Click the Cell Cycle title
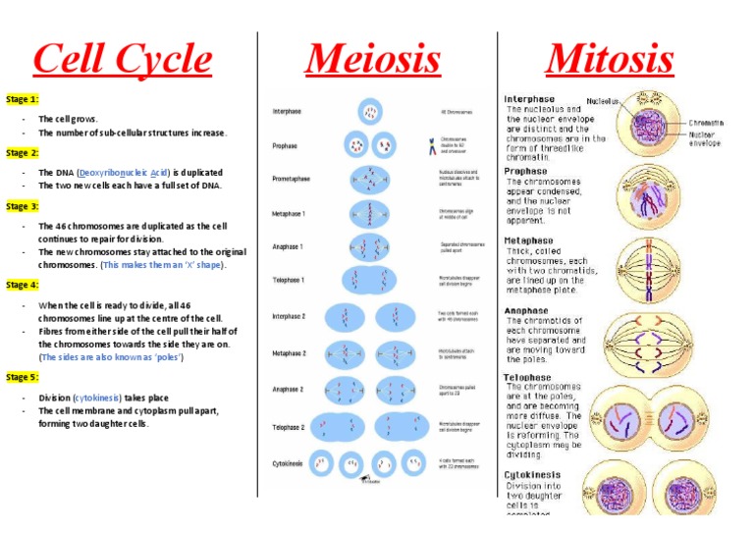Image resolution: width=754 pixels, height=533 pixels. (x=122, y=60)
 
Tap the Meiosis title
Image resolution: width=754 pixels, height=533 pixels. (x=372, y=60)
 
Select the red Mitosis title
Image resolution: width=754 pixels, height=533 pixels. (x=610, y=60)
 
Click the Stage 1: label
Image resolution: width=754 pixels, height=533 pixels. (x=23, y=100)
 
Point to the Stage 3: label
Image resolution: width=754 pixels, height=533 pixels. (x=23, y=207)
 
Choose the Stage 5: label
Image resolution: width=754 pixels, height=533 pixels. (x=23, y=377)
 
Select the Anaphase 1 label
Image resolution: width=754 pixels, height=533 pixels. (x=288, y=247)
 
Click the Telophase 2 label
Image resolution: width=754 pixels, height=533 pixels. (x=289, y=428)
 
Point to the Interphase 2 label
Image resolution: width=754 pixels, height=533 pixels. (x=289, y=316)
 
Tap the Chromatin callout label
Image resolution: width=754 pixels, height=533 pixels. (x=706, y=123)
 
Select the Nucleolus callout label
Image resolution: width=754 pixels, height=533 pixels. (x=603, y=100)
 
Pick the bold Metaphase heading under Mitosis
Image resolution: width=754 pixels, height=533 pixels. (x=528, y=240)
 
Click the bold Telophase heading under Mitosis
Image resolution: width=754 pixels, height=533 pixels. (x=527, y=377)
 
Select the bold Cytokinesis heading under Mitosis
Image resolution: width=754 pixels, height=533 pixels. (x=531, y=474)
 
